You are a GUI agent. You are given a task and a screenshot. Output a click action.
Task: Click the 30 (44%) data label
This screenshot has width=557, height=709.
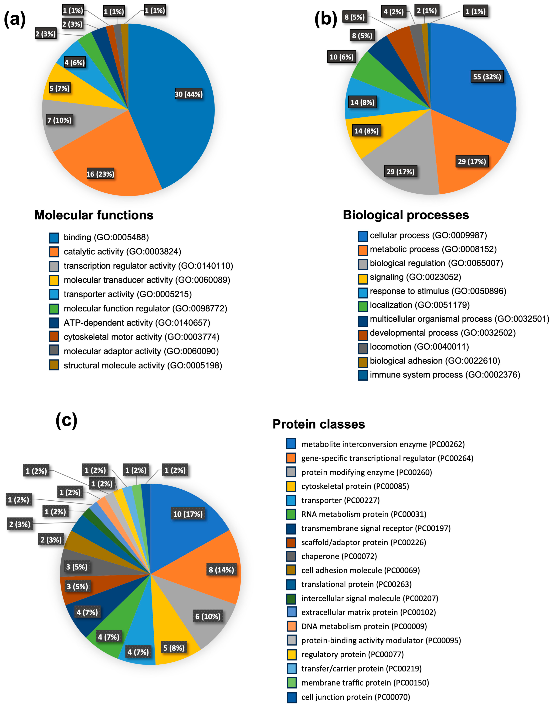coord(189,94)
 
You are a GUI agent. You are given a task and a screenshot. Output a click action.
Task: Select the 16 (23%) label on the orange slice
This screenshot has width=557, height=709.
coord(100,174)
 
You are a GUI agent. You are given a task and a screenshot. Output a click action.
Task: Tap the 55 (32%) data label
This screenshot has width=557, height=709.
coord(487,77)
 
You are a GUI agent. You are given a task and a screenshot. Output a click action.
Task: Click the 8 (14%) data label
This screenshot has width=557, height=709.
coord(221,570)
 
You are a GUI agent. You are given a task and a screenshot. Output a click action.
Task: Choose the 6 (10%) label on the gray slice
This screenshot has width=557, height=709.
coord(208,616)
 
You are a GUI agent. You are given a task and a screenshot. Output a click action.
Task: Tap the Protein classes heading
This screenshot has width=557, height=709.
coord(319,424)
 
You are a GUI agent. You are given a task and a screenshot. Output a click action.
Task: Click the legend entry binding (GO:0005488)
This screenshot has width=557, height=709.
coord(106,237)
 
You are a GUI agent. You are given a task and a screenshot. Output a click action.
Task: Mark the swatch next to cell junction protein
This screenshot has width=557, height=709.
coord(291,697)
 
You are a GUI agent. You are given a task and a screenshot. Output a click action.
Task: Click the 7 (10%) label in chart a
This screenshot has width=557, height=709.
coord(59,120)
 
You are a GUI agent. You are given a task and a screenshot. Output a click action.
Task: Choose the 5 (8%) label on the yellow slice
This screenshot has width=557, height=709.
coord(174,648)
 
